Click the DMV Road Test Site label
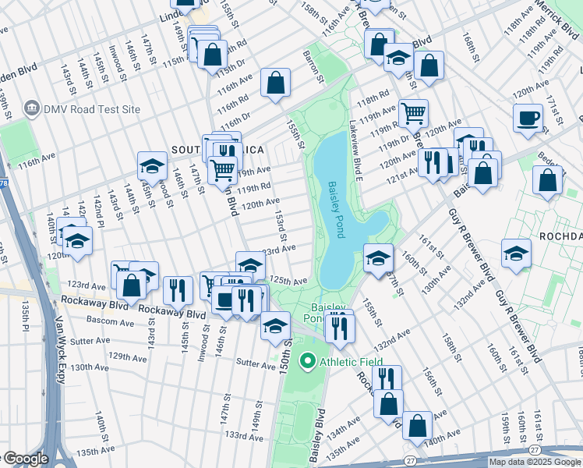92,109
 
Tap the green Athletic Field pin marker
308,361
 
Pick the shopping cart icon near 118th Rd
413,113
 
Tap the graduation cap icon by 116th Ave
152,165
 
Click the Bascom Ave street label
110,321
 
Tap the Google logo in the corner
25,459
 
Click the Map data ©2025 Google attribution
535,462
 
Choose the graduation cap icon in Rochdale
516,253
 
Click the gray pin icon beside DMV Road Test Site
32,109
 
